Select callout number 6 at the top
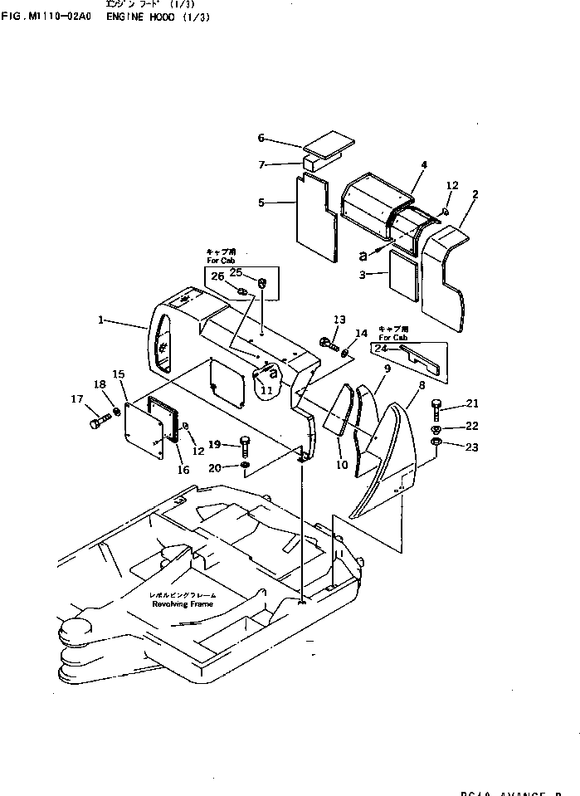click(x=261, y=138)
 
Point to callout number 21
click(x=472, y=403)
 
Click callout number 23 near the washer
click(x=472, y=448)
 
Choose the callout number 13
click(x=339, y=320)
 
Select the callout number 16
click(x=183, y=470)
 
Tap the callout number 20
click(x=215, y=469)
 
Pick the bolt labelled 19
click(x=245, y=447)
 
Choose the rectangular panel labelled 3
click(x=406, y=279)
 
